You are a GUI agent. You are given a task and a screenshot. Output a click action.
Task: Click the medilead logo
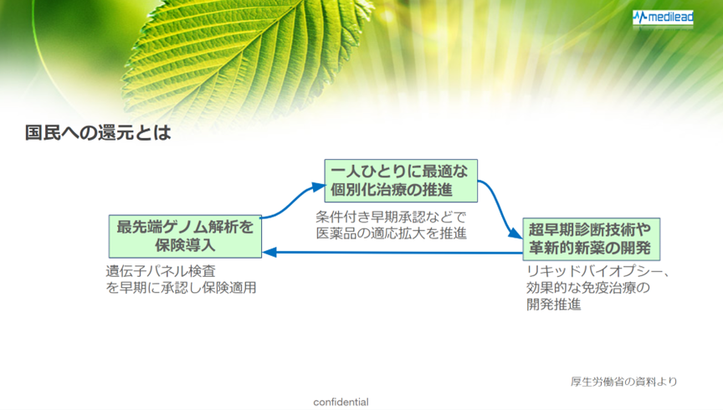tap(663, 18)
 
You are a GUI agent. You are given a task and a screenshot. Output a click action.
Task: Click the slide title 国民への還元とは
tap(98, 133)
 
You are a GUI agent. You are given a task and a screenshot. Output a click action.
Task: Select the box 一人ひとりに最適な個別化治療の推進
tap(401, 181)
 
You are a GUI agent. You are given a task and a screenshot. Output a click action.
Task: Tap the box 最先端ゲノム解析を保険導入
tap(185, 236)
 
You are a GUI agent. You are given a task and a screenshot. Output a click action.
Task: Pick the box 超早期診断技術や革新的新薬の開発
tap(591, 239)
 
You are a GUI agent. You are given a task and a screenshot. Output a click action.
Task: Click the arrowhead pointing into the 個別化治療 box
tap(318, 187)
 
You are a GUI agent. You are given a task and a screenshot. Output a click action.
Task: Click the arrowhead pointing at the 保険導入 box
tap(269, 252)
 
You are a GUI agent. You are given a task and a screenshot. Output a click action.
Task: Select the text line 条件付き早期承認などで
tap(391, 217)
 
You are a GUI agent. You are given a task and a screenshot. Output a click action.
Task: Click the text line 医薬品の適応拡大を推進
tap(391, 233)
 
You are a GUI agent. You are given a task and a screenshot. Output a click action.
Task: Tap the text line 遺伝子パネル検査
tap(161, 271)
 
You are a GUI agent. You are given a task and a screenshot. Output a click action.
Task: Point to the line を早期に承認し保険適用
tap(182, 287)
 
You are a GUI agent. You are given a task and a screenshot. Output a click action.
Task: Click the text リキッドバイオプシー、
tap(597, 271)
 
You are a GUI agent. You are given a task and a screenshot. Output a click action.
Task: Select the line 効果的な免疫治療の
tap(588, 287)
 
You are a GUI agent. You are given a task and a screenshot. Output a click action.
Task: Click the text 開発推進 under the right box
tap(554, 304)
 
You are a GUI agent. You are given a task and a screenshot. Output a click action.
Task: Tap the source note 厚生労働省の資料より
tap(624, 382)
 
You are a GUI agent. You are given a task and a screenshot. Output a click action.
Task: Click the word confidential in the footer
tap(341, 402)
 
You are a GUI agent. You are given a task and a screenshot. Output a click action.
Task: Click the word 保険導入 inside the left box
tap(185, 245)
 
